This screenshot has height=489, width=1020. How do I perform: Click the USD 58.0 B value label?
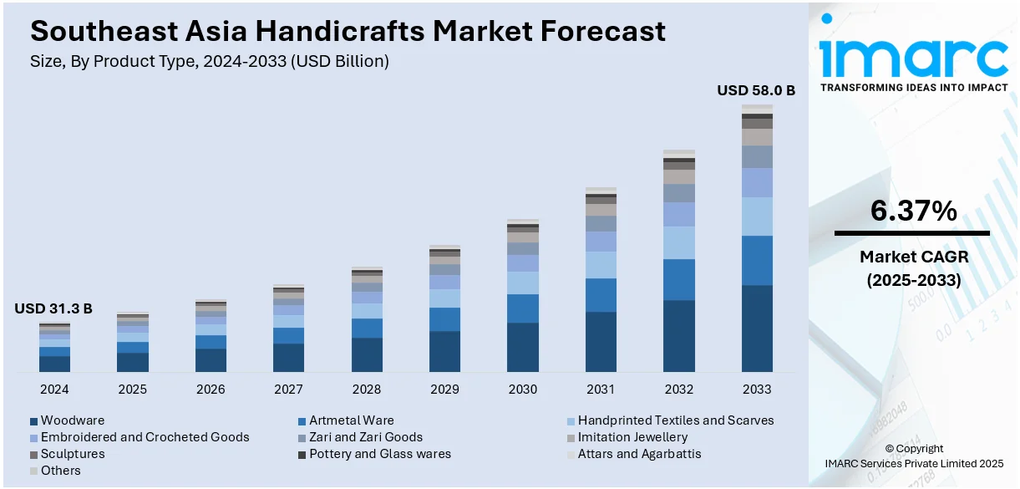coord(756,90)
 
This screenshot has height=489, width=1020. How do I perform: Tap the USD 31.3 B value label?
coord(53,309)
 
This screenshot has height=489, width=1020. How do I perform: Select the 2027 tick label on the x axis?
coord(288,390)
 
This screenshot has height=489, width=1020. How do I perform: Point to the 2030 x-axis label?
coord(523,390)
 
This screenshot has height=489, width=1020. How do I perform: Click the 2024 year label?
coord(54,390)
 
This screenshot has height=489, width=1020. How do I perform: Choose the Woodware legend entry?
coord(72,420)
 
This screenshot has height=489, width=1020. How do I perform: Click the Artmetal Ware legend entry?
coord(351,420)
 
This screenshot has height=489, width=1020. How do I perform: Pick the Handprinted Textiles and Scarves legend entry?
coord(675,420)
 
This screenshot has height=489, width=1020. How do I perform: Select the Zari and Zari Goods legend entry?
coord(365,437)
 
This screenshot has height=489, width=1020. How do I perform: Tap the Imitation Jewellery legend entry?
coord(632,437)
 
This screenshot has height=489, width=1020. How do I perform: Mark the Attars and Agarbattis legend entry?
coord(639,454)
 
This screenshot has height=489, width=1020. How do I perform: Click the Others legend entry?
coord(60,471)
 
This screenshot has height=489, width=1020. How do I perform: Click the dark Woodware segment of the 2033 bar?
coord(757,329)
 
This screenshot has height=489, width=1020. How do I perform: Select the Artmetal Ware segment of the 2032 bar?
coord(679,279)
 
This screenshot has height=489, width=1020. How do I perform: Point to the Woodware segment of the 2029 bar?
coord(444,351)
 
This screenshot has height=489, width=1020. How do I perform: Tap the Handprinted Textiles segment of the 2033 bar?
coord(757,216)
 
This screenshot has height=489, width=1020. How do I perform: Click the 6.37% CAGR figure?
coord(913,212)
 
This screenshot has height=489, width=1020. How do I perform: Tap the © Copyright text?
coord(914,449)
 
